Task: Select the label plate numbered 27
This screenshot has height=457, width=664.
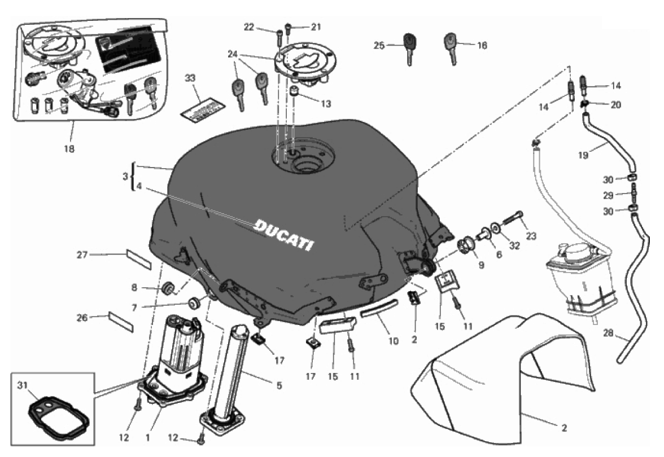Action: (x=138, y=257)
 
